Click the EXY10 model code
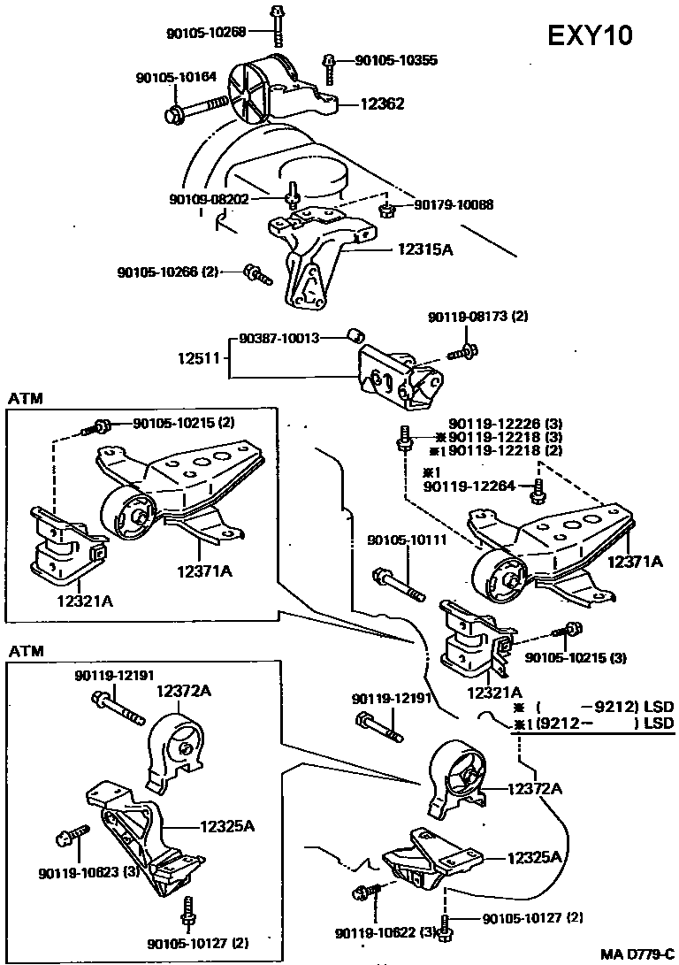(589, 35)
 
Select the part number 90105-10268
(206, 32)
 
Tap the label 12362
(383, 103)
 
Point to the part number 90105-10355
(397, 59)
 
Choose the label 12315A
(425, 249)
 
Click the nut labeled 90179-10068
(386, 211)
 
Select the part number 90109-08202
(209, 199)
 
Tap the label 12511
(199, 357)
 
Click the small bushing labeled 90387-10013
(356, 335)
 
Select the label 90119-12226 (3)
(506, 424)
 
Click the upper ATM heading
(26, 398)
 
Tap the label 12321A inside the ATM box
(85, 601)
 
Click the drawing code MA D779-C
(638, 954)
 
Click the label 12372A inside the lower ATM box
(183, 691)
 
